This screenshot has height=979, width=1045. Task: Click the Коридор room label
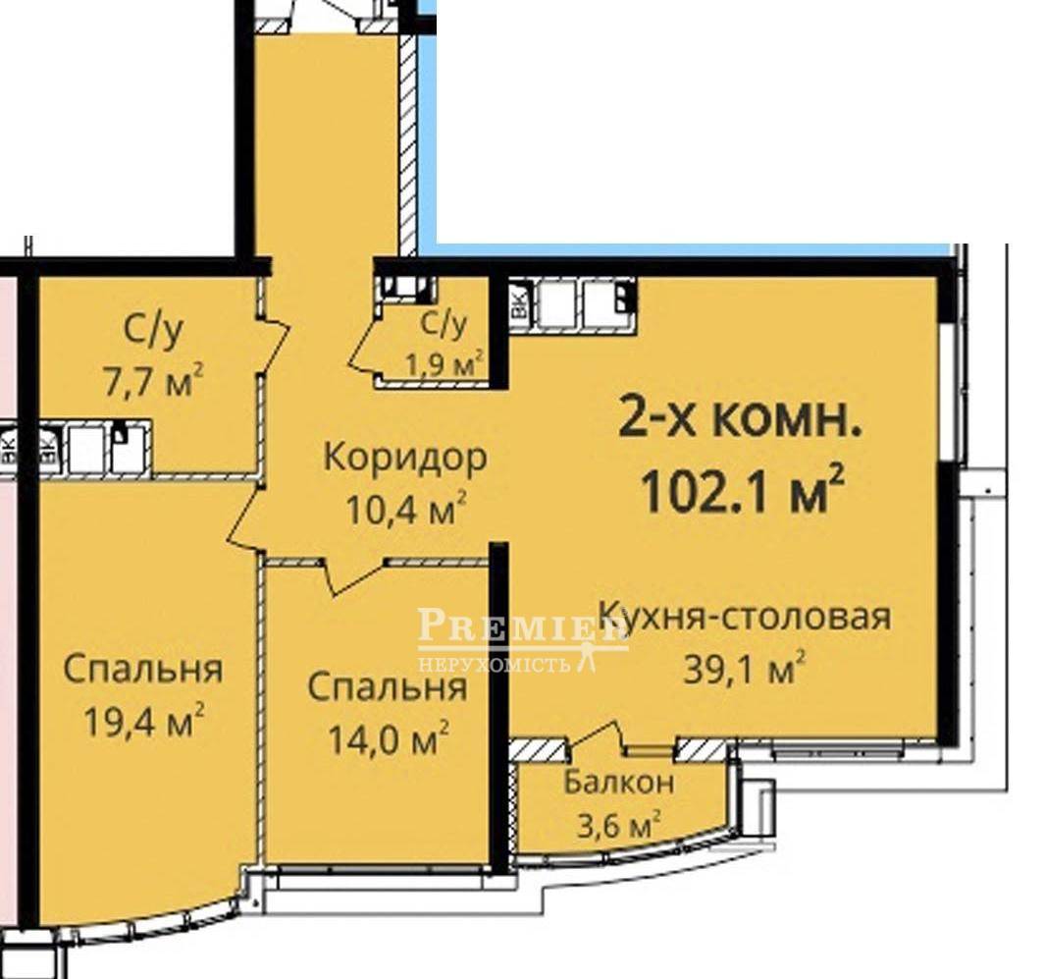[405, 459]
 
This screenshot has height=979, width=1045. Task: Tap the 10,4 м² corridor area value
[405, 510]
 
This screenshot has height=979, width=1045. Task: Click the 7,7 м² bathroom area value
[153, 381]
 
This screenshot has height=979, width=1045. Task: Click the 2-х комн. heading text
[741, 418]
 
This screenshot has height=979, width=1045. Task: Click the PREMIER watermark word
[523, 625]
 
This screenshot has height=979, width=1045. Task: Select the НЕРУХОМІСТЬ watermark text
[494, 664]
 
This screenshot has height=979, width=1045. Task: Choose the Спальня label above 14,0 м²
[388, 686]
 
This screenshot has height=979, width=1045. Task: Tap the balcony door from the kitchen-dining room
[597, 736]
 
